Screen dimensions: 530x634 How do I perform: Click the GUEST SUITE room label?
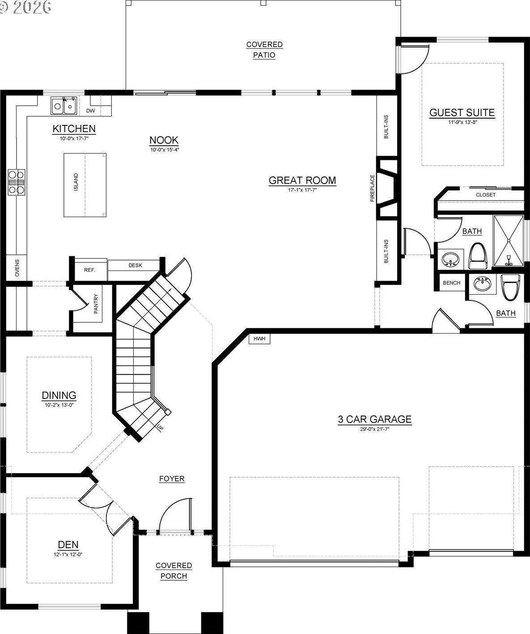(x=462, y=113)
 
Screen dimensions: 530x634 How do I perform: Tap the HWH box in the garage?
(x=259, y=338)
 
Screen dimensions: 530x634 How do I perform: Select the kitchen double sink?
(x=64, y=106)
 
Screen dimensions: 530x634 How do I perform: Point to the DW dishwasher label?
(x=90, y=111)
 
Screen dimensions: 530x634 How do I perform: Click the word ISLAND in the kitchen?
(x=76, y=182)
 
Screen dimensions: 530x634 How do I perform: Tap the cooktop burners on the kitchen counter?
(x=17, y=182)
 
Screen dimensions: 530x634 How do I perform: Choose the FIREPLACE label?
(x=373, y=188)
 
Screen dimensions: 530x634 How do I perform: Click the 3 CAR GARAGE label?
(x=375, y=420)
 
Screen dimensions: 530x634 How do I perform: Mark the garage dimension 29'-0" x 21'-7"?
(x=375, y=429)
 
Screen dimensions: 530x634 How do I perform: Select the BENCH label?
(x=451, y=283)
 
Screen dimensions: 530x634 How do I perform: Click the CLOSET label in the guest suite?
(x=485, y=195)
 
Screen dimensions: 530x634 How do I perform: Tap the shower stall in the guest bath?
(x=509, y=240)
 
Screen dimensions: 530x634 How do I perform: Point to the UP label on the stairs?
(x=160, y=428)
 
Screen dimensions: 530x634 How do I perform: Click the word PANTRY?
(x=96, y=304)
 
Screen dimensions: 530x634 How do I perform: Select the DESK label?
(x=136, y=266)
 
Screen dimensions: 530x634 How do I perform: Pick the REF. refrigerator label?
(x=89, y=270)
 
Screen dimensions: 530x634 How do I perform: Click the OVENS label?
(x=17, y=268)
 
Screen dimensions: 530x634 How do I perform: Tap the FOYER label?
(x=172, y=479)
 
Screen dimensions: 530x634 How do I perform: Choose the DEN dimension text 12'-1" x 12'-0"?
(x=68, y=554)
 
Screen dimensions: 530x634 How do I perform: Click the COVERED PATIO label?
(x=264, y=50)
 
